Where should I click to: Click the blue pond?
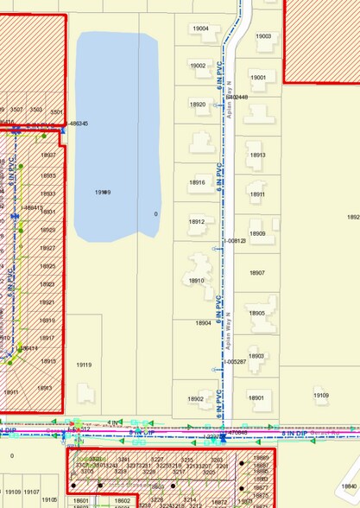(117, 138)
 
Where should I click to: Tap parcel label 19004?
(200, 29)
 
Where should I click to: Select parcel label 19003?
(263, 36)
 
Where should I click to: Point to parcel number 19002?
(198, 66)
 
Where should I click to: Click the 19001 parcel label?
(258, 77)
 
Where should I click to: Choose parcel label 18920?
(198, 105)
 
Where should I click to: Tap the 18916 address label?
(197, 182)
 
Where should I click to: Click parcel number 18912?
(197, 222)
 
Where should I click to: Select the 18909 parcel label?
(257, 234)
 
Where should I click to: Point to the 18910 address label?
(196, 281)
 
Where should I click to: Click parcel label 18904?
(204, 323)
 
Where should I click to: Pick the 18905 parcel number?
(257, 314)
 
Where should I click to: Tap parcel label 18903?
(256, 356)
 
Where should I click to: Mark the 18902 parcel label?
(196, 398)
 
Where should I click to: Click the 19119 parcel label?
(84, 365)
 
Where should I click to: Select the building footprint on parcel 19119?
(86, 392)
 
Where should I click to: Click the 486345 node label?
(78, 124)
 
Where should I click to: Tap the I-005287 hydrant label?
(236, 362)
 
